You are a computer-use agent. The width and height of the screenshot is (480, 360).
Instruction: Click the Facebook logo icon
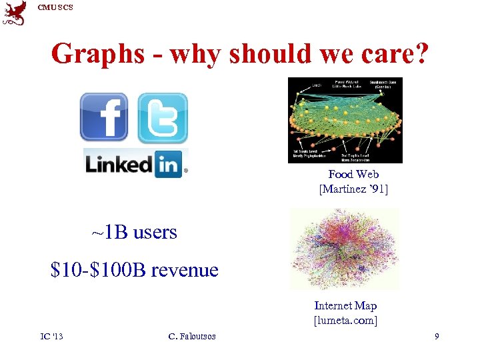point(104,117)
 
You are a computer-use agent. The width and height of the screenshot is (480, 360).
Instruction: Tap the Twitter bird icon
point(163,118)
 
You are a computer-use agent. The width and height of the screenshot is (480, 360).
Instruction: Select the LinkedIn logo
point(136,163)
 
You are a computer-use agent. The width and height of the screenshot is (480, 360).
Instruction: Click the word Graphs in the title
point(97,53)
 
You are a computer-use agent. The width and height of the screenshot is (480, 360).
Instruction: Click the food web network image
point(345,120)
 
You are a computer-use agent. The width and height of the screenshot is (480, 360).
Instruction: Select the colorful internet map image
point(344,248)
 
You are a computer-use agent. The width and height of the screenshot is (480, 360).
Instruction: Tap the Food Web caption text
point(353,174)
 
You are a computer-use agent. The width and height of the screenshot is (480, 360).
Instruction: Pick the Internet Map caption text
point(345,305)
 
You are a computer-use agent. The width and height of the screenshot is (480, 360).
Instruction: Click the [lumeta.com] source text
point(345,320)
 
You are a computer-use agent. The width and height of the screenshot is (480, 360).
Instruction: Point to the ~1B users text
point(134,232)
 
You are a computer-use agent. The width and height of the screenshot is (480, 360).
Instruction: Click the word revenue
point(185,270)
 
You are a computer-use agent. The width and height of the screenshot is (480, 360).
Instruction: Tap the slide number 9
point(437,337)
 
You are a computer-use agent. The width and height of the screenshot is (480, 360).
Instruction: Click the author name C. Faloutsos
point(192,337)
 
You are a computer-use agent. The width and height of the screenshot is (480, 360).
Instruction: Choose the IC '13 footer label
point(51,336)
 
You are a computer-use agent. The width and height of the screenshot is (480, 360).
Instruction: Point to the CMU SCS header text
point(55,7)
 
